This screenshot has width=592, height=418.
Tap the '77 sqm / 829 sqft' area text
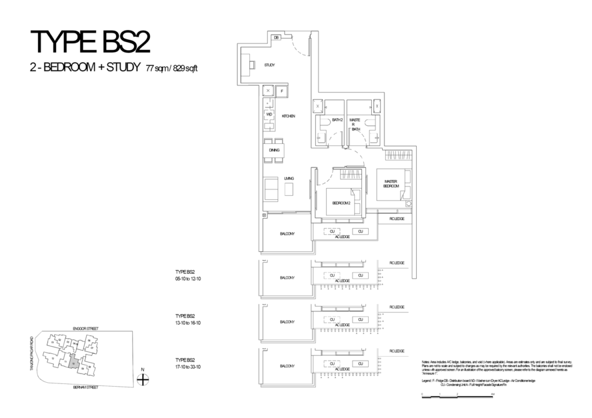coord(172,68)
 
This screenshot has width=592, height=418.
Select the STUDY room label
coord(269,65)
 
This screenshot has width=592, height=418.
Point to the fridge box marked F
coord(282,91)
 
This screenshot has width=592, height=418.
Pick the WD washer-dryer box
coord(269,114)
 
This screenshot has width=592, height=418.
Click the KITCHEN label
coord(288,116)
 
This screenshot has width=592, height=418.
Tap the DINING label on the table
coord(274,150)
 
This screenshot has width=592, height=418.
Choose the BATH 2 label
coord(330,120)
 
